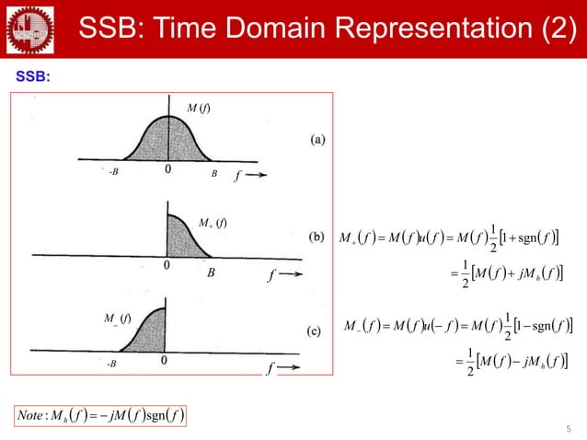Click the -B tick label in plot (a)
pyautogui.click(x=113, y=171)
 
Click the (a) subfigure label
pyautogui.click(x=316, y=139)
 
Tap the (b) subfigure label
pyautogui.click(x=316, y=237)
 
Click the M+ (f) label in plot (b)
pyautogui.click(x=212, y=222)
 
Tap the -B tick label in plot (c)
pyautogui.click(x=112, y=364)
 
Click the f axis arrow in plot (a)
pyautogui.click(x=250, y=171)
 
